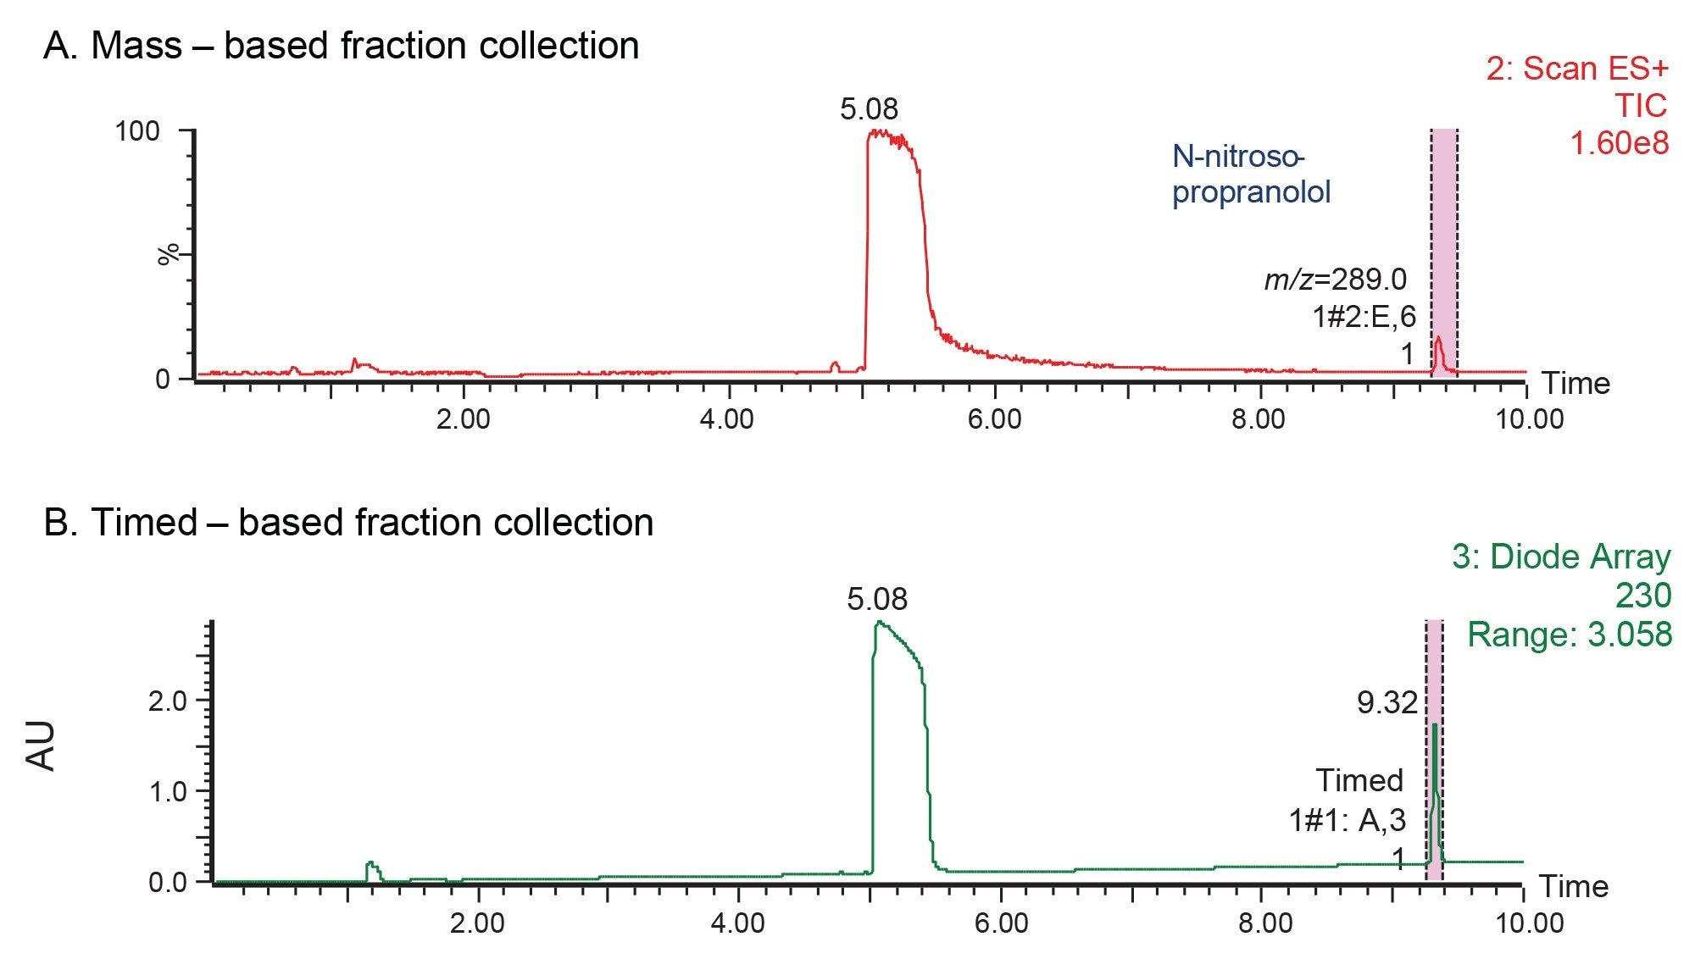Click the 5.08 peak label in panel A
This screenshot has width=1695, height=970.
869,109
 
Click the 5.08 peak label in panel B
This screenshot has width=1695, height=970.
876,600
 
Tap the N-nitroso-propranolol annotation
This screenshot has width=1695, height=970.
1250,175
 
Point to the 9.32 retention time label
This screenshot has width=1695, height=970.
1387,702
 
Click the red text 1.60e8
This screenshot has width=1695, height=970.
1619,142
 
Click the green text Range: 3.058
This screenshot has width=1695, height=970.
1570,635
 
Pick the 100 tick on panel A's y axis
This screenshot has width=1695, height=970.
137,131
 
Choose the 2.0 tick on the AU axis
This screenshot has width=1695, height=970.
167,701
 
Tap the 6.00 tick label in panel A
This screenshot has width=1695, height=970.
994,418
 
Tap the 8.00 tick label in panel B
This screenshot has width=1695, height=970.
1264,923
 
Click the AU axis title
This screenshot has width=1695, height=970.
42,746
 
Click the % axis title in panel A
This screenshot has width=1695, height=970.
169,254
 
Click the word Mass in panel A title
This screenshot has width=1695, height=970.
136,46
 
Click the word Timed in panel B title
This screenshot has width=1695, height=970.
143,522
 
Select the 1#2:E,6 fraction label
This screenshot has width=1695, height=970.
1364,317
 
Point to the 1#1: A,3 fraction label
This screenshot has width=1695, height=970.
1347,820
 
